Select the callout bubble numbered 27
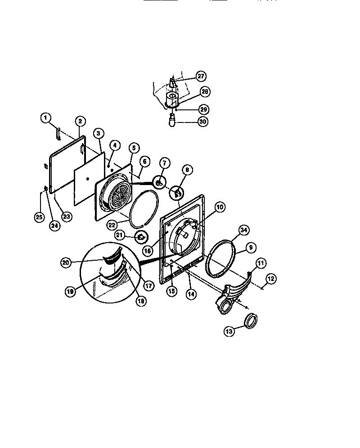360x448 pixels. pos(201,76)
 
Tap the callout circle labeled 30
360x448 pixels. pos(202,121)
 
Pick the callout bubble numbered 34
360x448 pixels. pos(243,231)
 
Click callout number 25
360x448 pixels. pos(40,217)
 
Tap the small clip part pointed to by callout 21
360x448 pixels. pos(141,236)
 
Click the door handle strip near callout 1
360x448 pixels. pos(58,133)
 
